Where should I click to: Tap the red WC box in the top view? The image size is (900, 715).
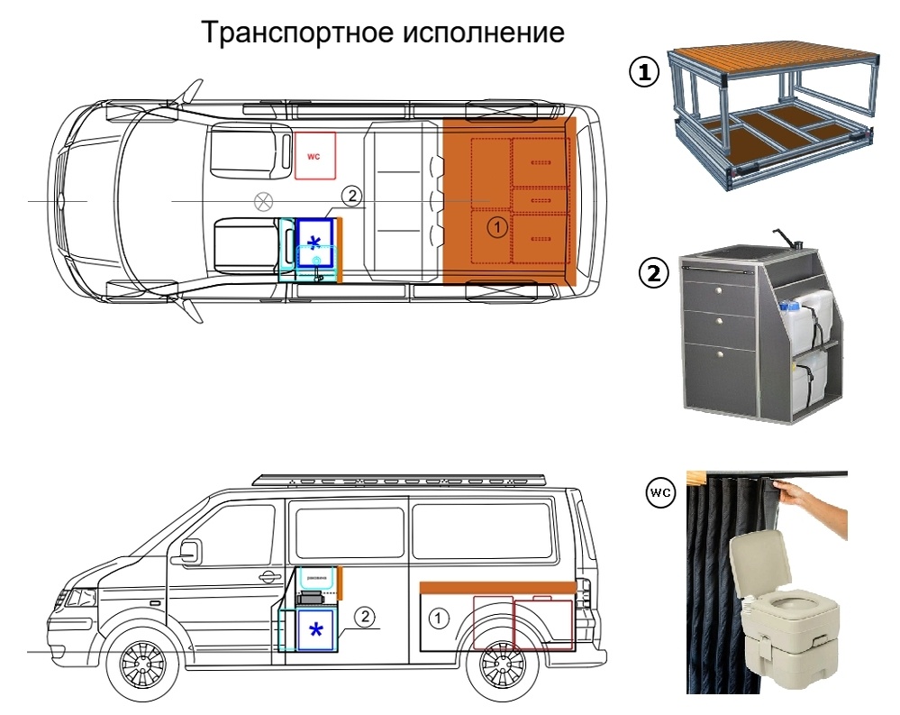[315, 156]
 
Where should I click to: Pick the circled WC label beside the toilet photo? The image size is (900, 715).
[660, 493]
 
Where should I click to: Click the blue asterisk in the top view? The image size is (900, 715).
[314, 242]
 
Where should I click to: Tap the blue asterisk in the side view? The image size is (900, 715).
[316, 630]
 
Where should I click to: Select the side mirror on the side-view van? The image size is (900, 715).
[191, 551]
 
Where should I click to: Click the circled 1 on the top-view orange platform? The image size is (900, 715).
[496, 227]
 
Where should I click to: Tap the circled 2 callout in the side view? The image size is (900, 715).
[364, 618]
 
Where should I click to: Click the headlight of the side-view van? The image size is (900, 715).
[82, 597]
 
